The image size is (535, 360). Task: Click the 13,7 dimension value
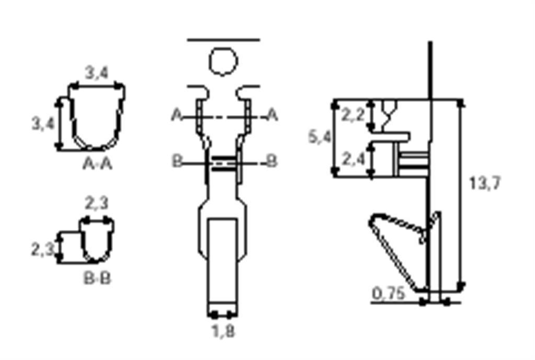485,183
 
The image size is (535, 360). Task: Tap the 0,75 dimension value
389,293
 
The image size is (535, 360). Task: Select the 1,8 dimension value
223,331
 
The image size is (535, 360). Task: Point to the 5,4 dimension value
320,137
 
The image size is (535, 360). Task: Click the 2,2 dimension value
353,115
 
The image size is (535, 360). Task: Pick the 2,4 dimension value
353,159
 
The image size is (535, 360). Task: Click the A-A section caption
97,164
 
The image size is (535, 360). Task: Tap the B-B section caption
97,278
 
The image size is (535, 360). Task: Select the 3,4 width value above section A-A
97,73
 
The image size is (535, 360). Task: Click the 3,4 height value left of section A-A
43,123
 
